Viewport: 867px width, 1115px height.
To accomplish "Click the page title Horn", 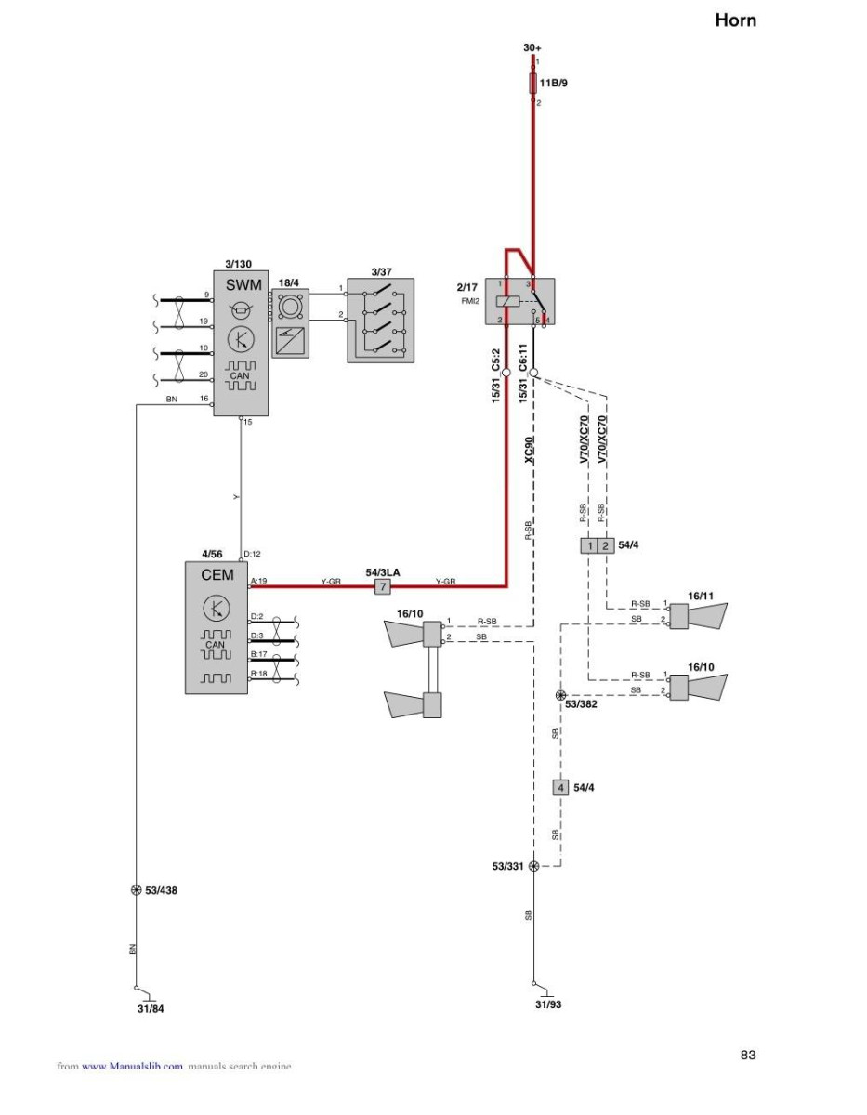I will (735, 20).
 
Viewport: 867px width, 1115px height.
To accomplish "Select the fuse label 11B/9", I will (556, 84).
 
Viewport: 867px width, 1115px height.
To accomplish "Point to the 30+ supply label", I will (532, 46).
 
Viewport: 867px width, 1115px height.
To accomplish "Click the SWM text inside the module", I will (243, 285).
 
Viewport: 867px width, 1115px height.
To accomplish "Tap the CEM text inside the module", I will (217, 575).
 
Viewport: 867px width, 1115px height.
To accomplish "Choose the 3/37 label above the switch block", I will (381, 271).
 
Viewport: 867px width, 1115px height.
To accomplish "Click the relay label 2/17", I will (467, 287).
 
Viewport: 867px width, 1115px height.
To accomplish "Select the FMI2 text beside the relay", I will (470, 301).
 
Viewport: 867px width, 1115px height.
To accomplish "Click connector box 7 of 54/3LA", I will (382, 587).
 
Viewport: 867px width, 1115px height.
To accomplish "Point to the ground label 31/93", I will (549, 1003).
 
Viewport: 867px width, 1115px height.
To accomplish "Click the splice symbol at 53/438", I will (137, 890).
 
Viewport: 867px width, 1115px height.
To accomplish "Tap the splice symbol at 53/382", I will (560, 695).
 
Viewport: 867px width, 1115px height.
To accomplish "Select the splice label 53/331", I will (508, 866).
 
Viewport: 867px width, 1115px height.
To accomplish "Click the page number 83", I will (748, 1055).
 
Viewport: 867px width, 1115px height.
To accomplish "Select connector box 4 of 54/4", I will (559, 788).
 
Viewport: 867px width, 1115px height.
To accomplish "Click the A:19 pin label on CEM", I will (259, 581).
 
